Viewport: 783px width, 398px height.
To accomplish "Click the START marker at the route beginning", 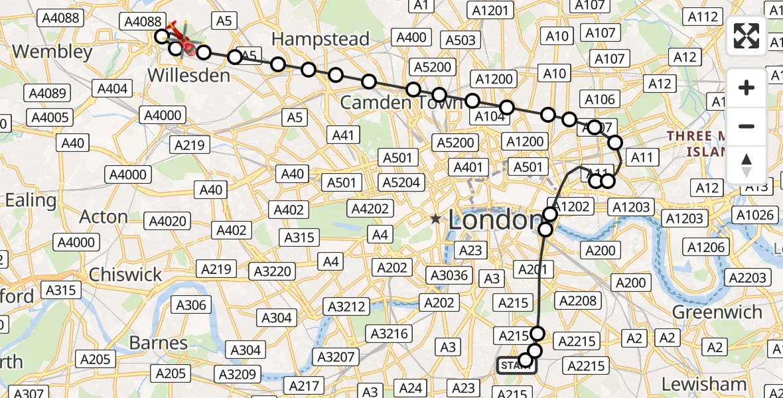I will click(x=516, y=365).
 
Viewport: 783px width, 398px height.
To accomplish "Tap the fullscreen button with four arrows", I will click(x=747, y=36).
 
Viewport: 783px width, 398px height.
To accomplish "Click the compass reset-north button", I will click(x=747, y=165).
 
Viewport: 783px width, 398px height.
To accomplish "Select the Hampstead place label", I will click(x=320, y=39).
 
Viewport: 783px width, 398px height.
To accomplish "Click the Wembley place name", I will click(x=52, y=52).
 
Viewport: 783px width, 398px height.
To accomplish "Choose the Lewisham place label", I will click(x=704, y=383).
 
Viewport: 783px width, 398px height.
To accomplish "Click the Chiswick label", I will click(x=125, y=275).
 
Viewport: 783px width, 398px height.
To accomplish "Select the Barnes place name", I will click(x=159, y=343).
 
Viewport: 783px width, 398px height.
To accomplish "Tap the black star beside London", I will click(x=435, y=219).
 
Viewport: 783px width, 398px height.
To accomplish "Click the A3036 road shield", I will click(x=449, y=275).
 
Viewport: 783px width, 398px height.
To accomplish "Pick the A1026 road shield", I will click(x=756, y=215).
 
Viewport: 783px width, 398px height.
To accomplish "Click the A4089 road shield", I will click(x=44, y=93).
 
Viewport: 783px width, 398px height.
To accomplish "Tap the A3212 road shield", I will click(x=346, y=306).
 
